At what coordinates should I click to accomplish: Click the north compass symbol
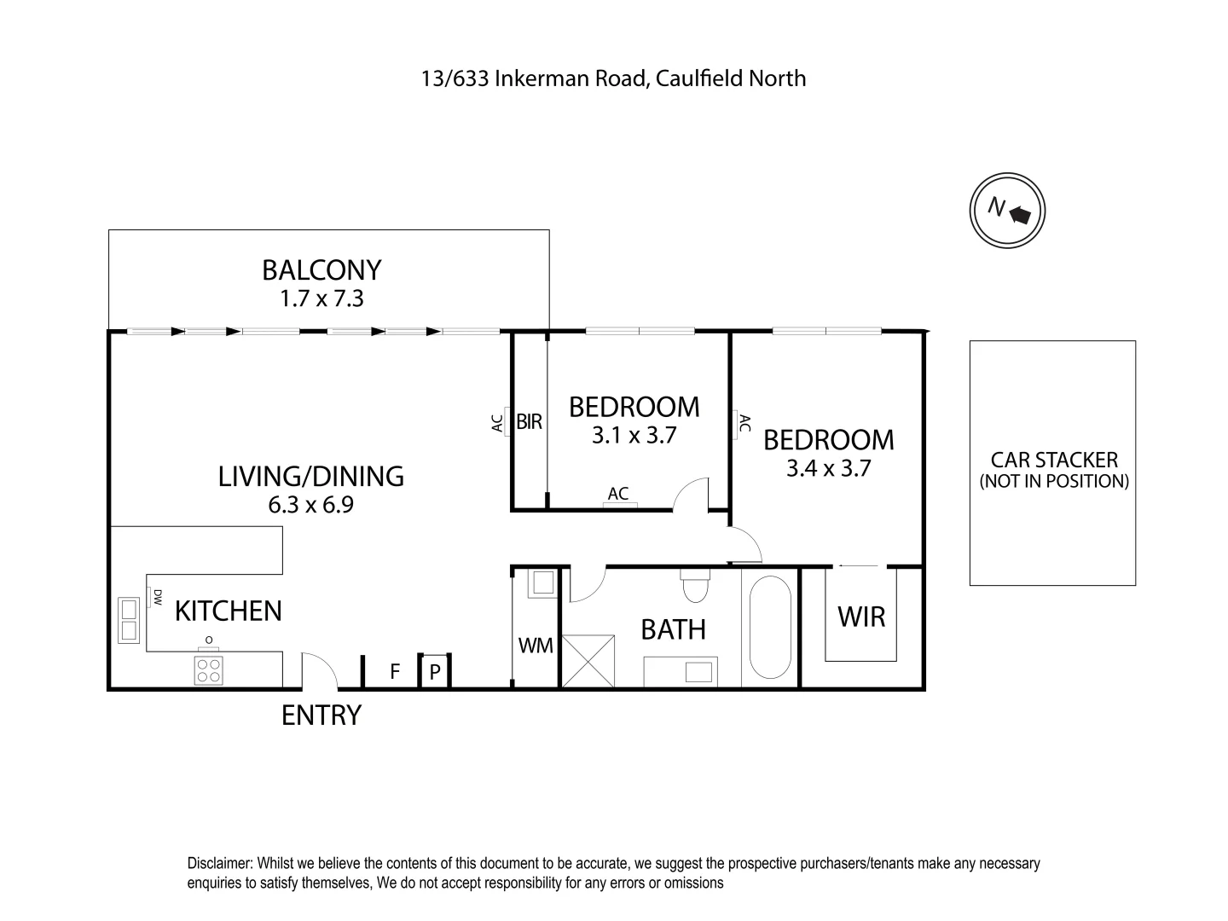1007,211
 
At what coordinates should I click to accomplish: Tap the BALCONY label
321,270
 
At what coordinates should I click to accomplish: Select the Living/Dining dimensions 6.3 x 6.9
310,505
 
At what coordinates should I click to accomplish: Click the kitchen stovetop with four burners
209,670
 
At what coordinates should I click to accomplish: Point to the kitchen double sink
129,621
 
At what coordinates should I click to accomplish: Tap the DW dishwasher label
157,597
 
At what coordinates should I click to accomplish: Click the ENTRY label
321,715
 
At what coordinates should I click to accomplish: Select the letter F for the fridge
395,671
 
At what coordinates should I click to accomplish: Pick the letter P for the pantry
435,672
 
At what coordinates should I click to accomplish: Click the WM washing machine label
536,646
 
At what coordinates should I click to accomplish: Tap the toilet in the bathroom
695,585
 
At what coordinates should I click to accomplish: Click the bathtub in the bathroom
770,627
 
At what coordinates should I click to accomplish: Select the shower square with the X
588,660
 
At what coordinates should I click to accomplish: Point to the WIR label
861,617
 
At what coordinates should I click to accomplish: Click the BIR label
529,421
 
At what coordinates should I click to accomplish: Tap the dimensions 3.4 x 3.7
829,468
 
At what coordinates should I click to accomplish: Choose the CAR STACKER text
1054,460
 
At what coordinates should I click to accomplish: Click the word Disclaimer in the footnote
219,863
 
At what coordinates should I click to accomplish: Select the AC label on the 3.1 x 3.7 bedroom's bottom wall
618,493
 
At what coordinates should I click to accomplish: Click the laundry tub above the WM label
542,583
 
